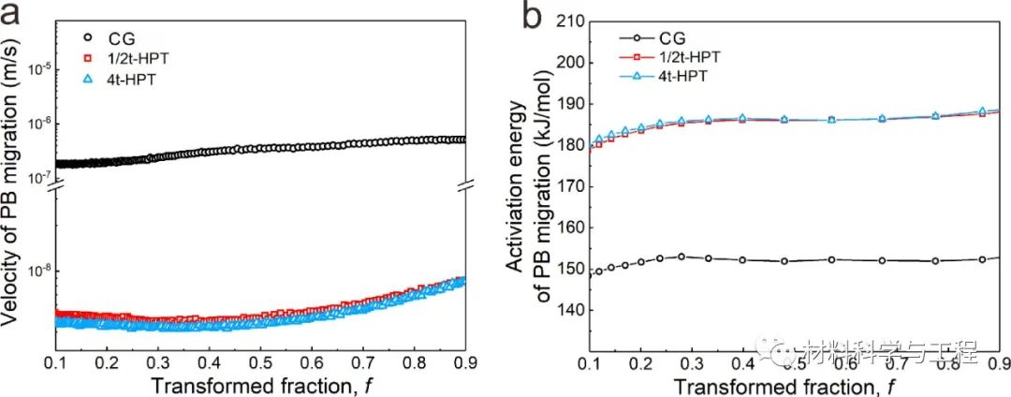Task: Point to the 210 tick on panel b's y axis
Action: coord(569,22)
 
